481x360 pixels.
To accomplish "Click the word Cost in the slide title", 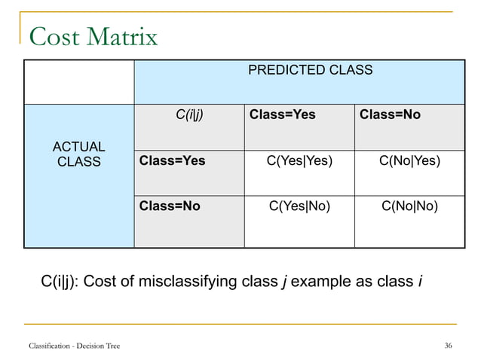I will (x=54, y=35).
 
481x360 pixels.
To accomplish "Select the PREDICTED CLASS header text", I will (x=311, y=70).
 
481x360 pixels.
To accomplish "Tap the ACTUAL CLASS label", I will (x=78, y=154).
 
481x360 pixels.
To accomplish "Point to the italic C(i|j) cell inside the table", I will (x=189, y=115).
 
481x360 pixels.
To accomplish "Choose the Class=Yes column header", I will (x=283, y=115).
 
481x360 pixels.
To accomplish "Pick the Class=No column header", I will (x=390, y=115).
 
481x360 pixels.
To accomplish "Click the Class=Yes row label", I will (x=173, y=160).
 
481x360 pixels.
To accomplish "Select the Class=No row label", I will (x=170, y=206).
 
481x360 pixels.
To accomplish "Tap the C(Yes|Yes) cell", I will (x=299, y=160).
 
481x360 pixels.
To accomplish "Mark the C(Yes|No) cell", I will (x=299, y=206).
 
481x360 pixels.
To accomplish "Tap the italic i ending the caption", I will (x=419, y=282).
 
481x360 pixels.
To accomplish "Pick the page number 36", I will (x=448, y=346).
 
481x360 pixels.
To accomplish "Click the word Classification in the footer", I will (x=51, y=346).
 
